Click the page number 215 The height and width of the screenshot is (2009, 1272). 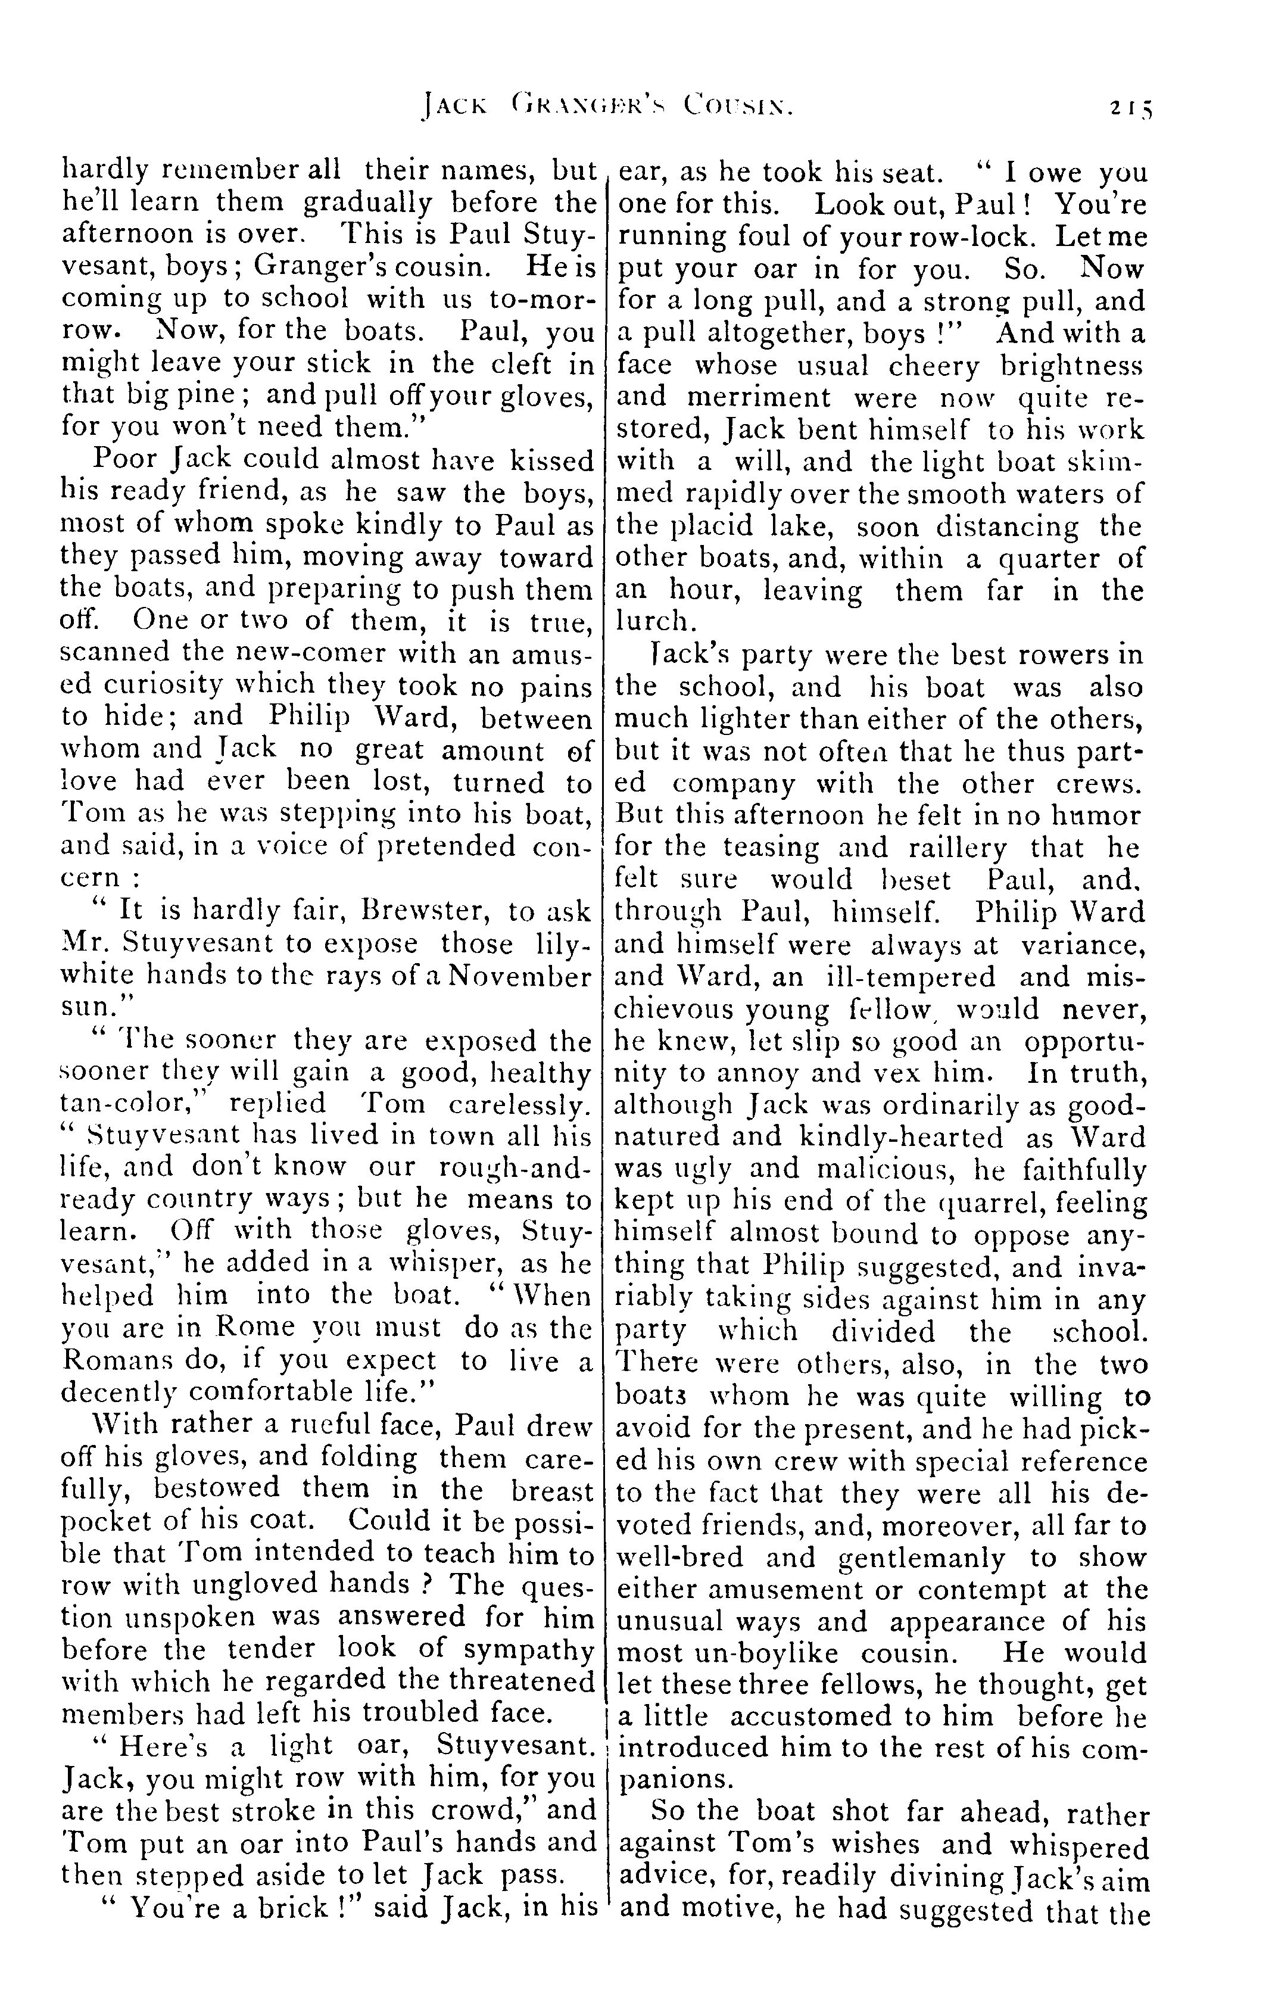click(x=1130, y=108)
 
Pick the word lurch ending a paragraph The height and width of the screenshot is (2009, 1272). click(x=651, y=622)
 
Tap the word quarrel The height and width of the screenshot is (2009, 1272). click(x=990, y=1202)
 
